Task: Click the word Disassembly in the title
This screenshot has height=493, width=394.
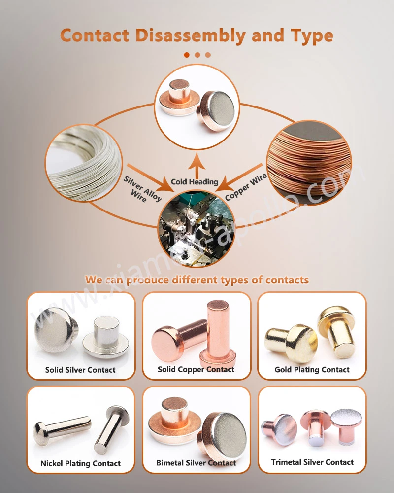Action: click(191, 35)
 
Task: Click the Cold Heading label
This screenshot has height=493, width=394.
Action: click(195, 182)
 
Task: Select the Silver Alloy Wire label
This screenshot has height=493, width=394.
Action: click(142, 189)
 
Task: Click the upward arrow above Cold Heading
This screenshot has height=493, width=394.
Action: click(197, 166)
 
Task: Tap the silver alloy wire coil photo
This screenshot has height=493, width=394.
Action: click(83, 163)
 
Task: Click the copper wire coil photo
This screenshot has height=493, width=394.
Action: click(309, 163)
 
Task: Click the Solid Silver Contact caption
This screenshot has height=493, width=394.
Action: click(80, 370)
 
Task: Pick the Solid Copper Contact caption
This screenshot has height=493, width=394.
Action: click(196, 369)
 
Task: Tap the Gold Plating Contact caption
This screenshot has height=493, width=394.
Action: click(312, 369)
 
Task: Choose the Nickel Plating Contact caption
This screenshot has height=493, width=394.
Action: click(80, 463)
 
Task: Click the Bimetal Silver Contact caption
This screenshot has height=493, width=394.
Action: click(196, 463)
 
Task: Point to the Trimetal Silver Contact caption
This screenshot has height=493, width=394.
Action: click(312, 462)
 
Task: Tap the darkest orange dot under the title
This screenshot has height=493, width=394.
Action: click(187, 55)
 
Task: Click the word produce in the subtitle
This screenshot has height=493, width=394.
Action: click(148, 280)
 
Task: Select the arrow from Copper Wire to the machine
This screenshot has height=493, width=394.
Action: click(239, 177)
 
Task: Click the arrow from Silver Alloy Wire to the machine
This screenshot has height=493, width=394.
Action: click(150, 177)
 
